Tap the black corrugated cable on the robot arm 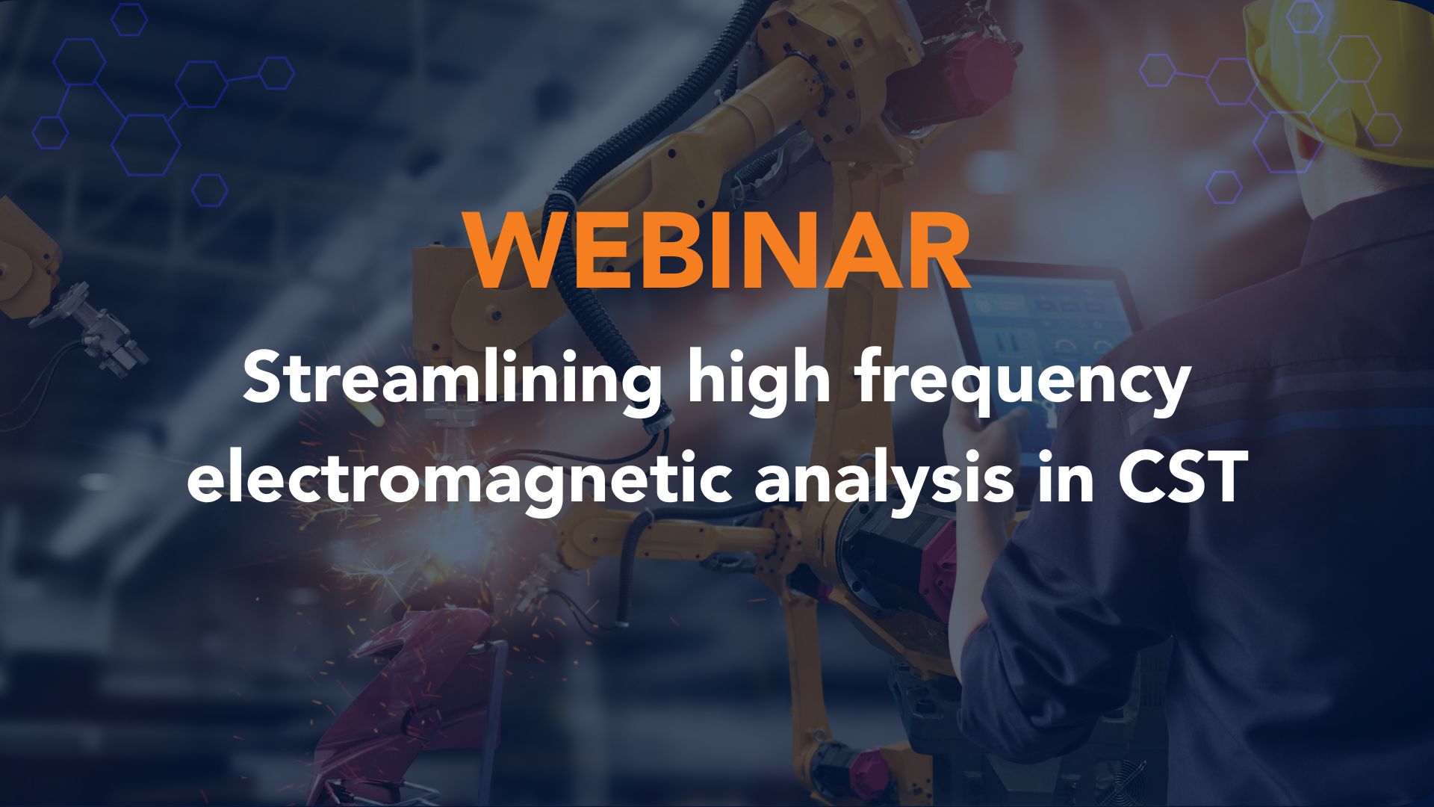pyautogui.click(x=597, y=247)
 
